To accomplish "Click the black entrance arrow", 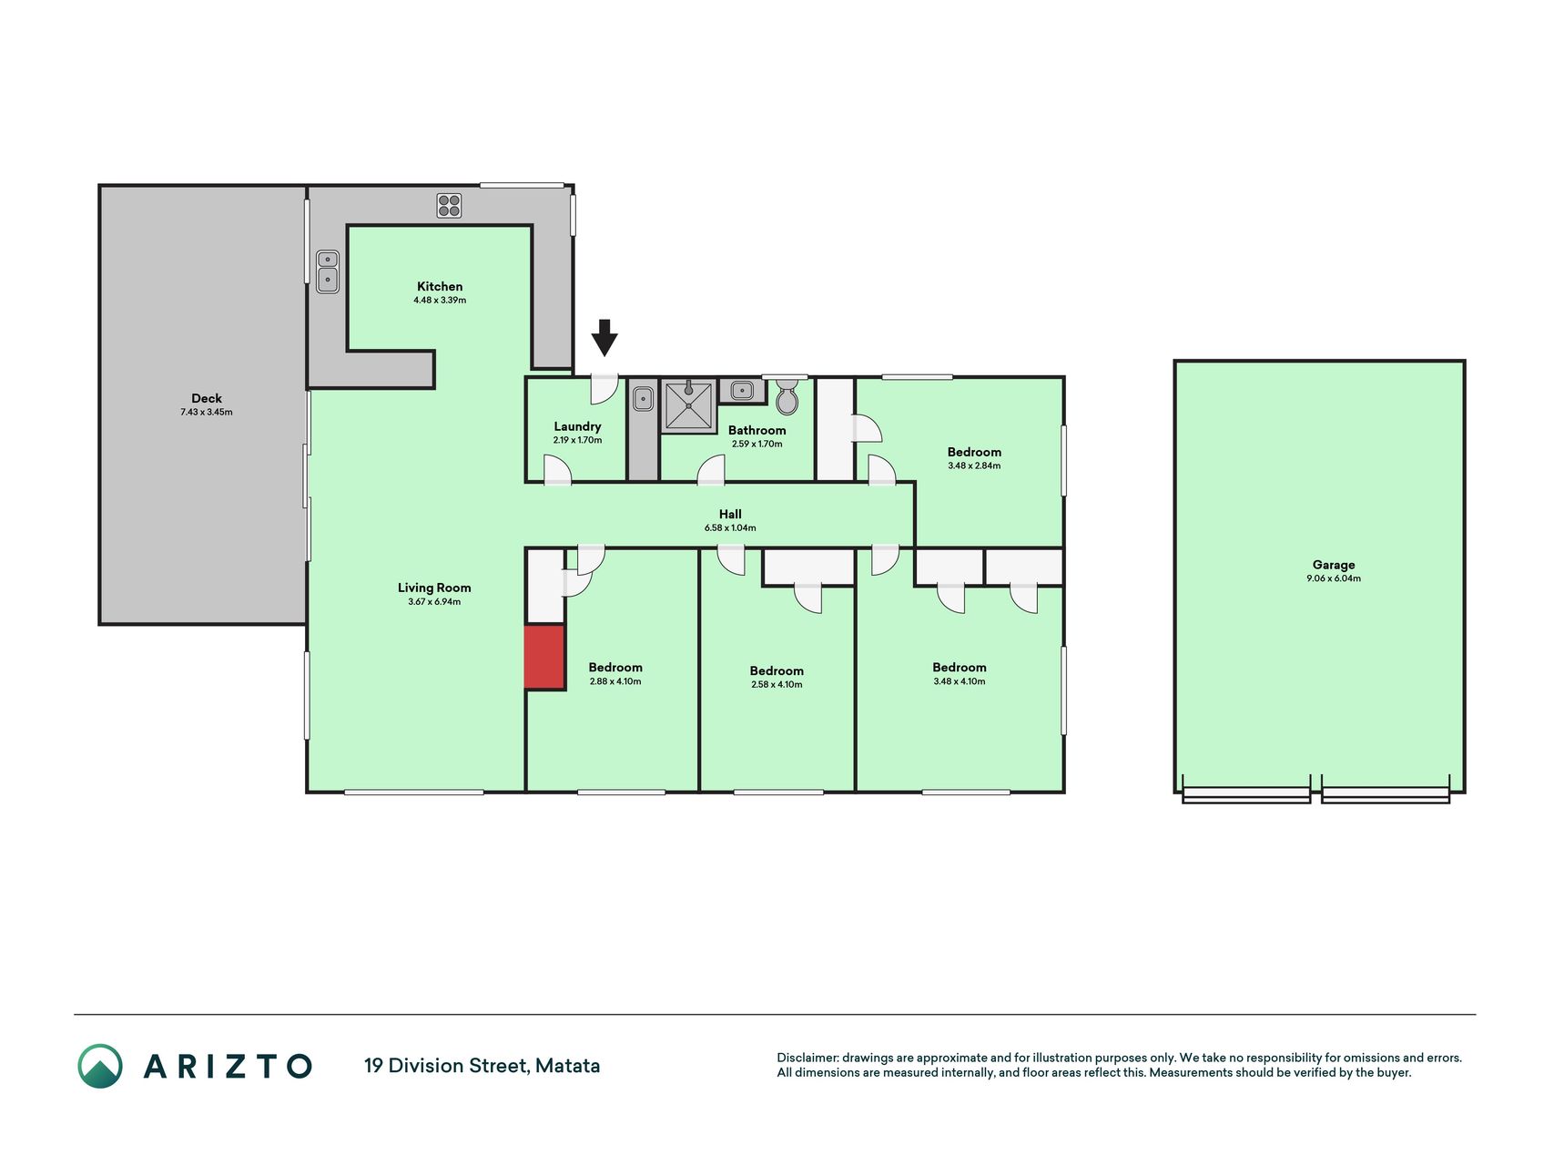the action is tap(604, 337).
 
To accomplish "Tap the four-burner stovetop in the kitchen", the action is tap(449, 206).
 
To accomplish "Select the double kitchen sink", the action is tap(328, 271).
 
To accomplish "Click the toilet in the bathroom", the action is tap(787, 396).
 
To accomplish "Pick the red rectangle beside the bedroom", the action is tap(544, 656).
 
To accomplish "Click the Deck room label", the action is tap(207, 398).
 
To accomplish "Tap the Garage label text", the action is tap(1334, 565).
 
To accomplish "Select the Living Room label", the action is tap(434, 588).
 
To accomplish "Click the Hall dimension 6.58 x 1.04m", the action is tap(730, 527).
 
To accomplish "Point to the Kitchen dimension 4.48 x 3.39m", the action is tap(440, 300).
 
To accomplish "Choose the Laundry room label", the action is tap(577, 426).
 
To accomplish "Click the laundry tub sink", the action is tap(643, 398).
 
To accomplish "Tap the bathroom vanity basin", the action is tap(743, 391).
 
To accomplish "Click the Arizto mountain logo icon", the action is tap(100, 1066).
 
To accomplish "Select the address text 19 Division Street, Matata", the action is tap(482, 1066).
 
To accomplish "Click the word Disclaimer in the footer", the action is tap(807, 1058).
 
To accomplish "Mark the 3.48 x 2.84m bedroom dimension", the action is tap(974, 465).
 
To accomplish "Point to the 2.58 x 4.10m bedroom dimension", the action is tap(777, 684).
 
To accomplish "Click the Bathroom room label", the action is tap(757, 430).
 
